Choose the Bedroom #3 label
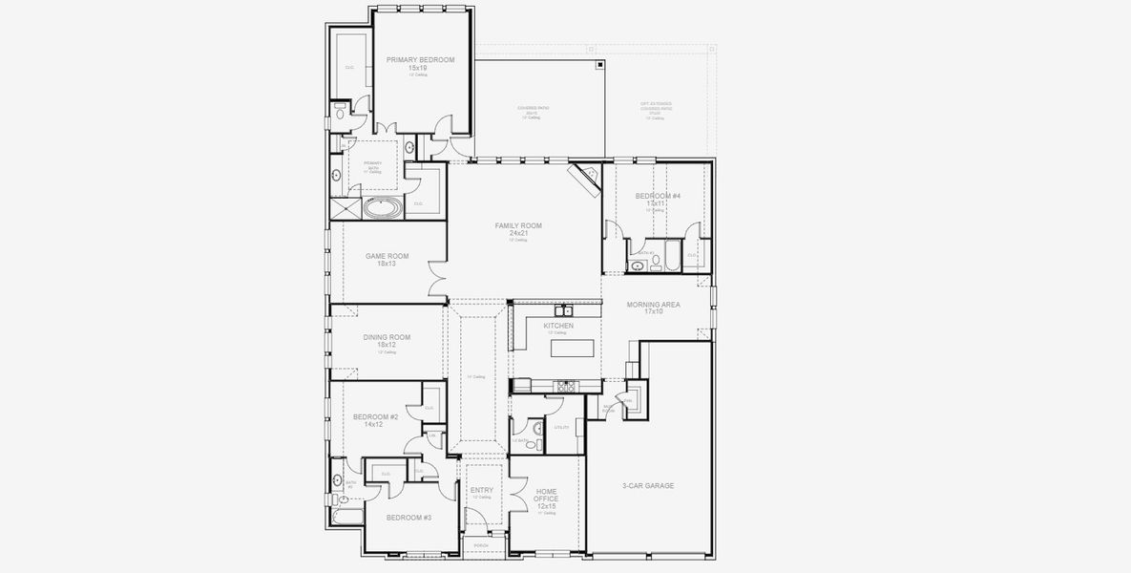point(409,518)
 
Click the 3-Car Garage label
point(648,486)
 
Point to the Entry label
point(482,490)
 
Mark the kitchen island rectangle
point(573,348)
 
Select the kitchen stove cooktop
point(567,386)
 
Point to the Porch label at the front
point(482,547)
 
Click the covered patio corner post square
point(599,65)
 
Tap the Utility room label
point(561,427)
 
